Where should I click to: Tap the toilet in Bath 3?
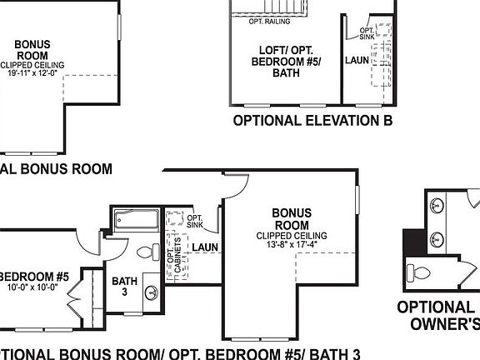point(146,252)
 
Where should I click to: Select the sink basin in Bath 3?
point(152,292)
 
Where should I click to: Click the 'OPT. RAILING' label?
point(269,22)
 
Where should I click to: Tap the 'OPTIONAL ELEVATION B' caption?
point(312,121)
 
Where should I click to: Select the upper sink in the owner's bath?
point(437,205)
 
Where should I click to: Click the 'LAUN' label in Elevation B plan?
point(357,61)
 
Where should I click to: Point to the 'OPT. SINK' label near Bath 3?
point(196,221)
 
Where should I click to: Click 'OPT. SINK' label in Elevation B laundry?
point(367,34)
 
